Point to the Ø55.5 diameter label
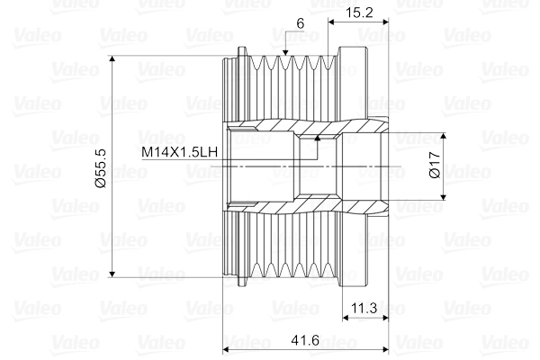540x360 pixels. point(100,167)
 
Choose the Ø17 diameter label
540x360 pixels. point(434,167)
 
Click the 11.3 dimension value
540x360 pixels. point(364,308)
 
